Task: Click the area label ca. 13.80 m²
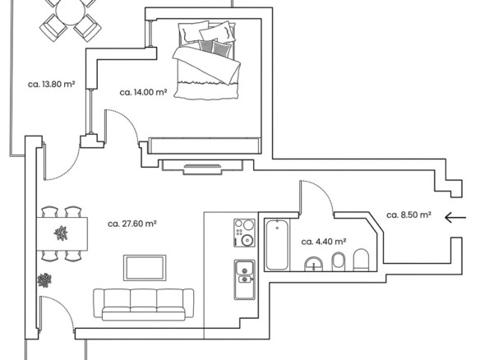(52, 84)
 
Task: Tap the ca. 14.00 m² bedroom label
(143, 92)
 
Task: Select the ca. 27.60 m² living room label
(132, 224)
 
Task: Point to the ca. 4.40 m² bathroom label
(324, 242)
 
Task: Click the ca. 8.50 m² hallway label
(409, 215)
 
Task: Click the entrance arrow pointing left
(455, 218)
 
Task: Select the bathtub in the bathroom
(277, 244)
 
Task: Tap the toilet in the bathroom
(362, 260)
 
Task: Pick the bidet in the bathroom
(339, 261)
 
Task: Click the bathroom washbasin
(314, 264)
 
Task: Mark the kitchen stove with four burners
(244, 233)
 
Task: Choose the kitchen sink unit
(245, 279)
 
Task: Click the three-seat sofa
(144, 304)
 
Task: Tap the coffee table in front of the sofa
(145, 268)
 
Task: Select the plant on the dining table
(61, 233)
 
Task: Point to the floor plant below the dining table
(44, 280)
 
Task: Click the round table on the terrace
(71, 11)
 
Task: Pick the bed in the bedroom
(205, 61)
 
